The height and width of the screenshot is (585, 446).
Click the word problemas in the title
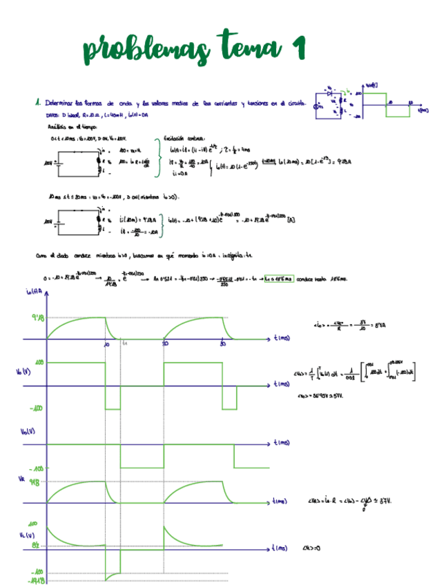click(x=145, y=48)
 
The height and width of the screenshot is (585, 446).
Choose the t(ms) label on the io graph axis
click(x=281, y=339)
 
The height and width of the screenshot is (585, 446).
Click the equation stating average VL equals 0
click(x=314, y=548)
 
